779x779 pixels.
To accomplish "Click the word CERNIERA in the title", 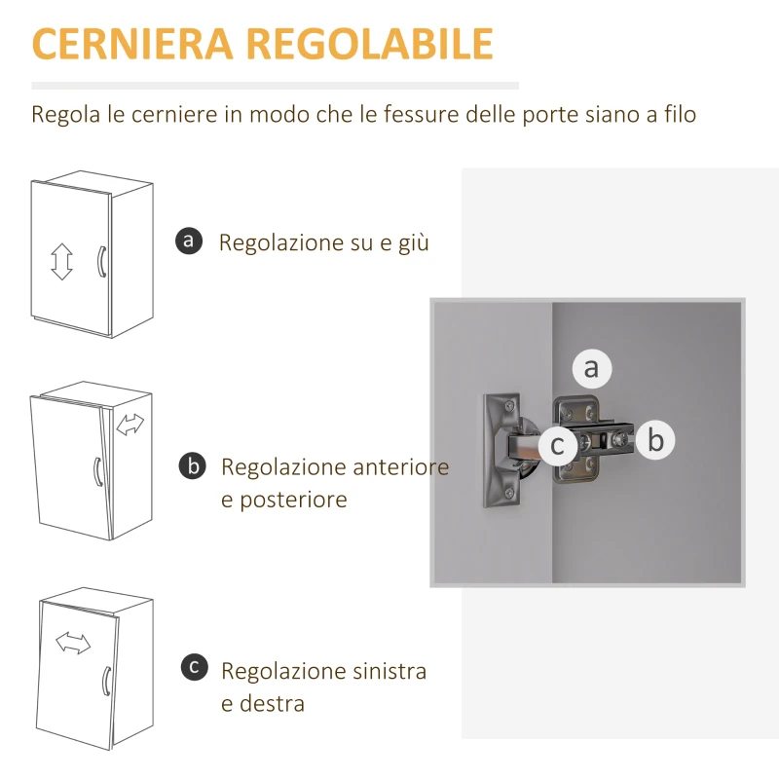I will pos(132,45).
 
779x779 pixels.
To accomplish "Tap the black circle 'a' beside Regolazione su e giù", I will pos(190,241).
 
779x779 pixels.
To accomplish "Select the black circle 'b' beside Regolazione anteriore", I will pos(193,466).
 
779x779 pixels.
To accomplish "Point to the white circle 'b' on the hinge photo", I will pos(655,441).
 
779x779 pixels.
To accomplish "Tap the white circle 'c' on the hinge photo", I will pos(558,445).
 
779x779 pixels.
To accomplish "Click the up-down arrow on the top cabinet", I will pos(62,261).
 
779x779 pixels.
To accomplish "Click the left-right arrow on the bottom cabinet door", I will pos(73,643).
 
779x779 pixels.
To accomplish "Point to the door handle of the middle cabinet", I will pos(94,470).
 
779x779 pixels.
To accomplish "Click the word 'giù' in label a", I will pos(414,243).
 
